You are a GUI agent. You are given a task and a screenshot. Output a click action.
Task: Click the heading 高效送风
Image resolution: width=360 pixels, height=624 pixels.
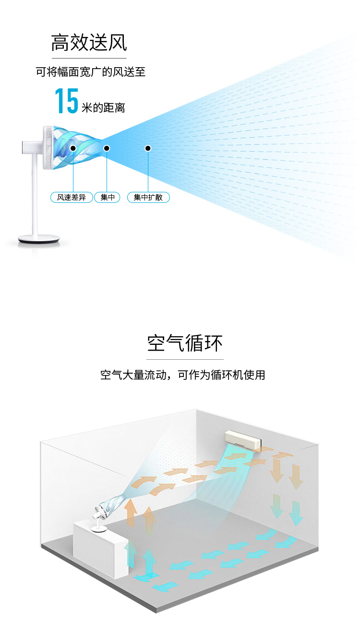tap(89, 43)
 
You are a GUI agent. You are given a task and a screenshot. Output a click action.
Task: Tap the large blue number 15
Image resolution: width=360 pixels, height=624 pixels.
tap(66, 101)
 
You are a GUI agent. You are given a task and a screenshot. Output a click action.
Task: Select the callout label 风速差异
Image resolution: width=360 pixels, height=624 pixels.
tap(72, 197)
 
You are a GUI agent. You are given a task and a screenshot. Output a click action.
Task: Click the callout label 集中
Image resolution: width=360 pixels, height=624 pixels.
tap(108, 197)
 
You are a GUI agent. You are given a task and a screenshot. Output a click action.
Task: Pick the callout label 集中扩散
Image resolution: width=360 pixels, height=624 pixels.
tap(148, 197)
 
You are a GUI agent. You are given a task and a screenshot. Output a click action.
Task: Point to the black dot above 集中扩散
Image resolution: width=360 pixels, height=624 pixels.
tap(148, 148)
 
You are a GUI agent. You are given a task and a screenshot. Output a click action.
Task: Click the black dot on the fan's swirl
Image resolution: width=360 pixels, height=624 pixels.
tap(73, 148)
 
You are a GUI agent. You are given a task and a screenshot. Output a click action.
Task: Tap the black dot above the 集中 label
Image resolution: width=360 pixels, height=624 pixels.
tap(107, 148)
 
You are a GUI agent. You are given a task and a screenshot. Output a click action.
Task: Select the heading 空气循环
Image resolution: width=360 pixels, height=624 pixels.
tap(185, 343)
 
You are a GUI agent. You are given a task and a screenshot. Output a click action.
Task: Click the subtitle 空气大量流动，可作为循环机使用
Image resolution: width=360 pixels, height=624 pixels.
tap(182, 375)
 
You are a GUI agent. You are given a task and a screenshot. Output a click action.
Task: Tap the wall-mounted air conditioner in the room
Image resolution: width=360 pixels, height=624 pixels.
tap(243, 439)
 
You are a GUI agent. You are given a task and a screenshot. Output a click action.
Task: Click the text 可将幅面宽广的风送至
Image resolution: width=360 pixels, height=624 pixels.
tap(91, 72)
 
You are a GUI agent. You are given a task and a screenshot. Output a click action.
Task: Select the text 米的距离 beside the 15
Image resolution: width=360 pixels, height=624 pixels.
tap(103, 107)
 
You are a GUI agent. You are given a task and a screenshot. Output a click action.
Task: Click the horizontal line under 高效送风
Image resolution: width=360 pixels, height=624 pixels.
tap(89, 58)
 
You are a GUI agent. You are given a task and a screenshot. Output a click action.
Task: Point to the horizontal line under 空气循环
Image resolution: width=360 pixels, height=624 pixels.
tap(185, 359)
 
